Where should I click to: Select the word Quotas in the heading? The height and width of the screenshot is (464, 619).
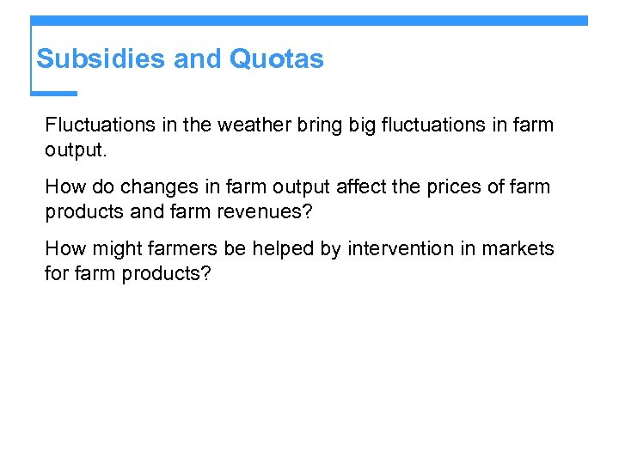[276, 59]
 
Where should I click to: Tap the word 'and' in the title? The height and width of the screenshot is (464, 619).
[198, 59]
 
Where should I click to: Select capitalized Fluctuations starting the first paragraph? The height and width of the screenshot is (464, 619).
[98, 125]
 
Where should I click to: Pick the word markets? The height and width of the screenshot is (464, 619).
[518, 248]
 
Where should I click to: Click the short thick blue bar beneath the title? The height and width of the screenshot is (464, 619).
[54, 93]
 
